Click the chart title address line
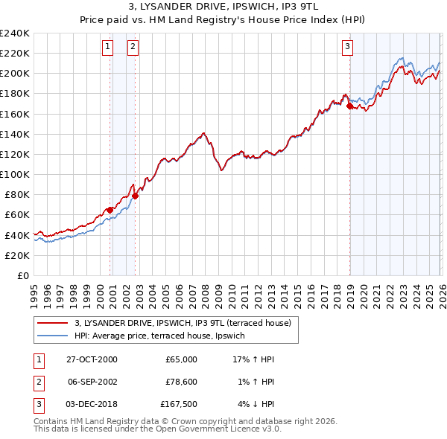pos(223,7)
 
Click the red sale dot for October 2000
pos(110,210)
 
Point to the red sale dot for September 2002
pos(135,196)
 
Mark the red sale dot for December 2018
pos(349,106)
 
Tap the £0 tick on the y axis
pos(22,275)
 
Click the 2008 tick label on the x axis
pos(204,290)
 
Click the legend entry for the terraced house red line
pos(186,323)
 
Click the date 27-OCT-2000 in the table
pos(92,359)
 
